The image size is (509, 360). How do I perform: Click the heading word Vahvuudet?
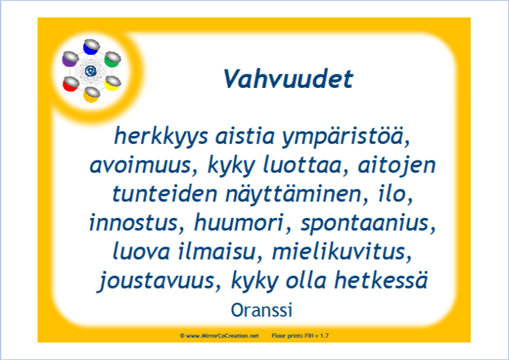click(x=288, y=79)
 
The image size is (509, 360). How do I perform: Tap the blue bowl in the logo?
click(x=91, y=47)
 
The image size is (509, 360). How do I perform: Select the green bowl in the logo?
click(x=112, y=59)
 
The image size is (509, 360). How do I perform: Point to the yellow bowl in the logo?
click(x=113, y=83)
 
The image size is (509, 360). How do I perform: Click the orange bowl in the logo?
click(x=91, y=95)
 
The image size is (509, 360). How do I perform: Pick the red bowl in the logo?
click(x=71, y=84)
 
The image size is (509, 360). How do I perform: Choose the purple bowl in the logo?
click(x=70, y=59)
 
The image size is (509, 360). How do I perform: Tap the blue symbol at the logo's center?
click(x=91, y=71)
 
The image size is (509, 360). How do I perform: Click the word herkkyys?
click(x=161, y=137)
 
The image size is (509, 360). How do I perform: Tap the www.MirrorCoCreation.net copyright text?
click(x=219, y=336)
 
